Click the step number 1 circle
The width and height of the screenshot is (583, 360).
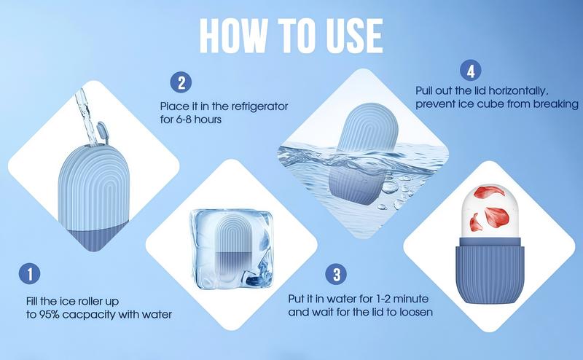click(29, 274)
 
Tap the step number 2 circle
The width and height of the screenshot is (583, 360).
click(181, 82)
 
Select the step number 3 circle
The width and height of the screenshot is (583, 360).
click(336, 274)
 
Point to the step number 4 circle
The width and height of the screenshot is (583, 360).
click(471, 71)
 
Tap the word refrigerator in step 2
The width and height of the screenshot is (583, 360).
click(259, 106)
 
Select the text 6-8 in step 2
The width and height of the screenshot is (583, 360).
click(184, 120)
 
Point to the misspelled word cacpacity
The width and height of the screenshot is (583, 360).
click(89, 315)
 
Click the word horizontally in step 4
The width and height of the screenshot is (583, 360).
click(518, 90)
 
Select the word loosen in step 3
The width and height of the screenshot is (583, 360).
click(416, 312)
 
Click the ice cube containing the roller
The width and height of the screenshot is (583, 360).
click(231, 249)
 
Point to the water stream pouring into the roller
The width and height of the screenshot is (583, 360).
click(86, 116)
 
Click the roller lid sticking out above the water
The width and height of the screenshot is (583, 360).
click(367, 128)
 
